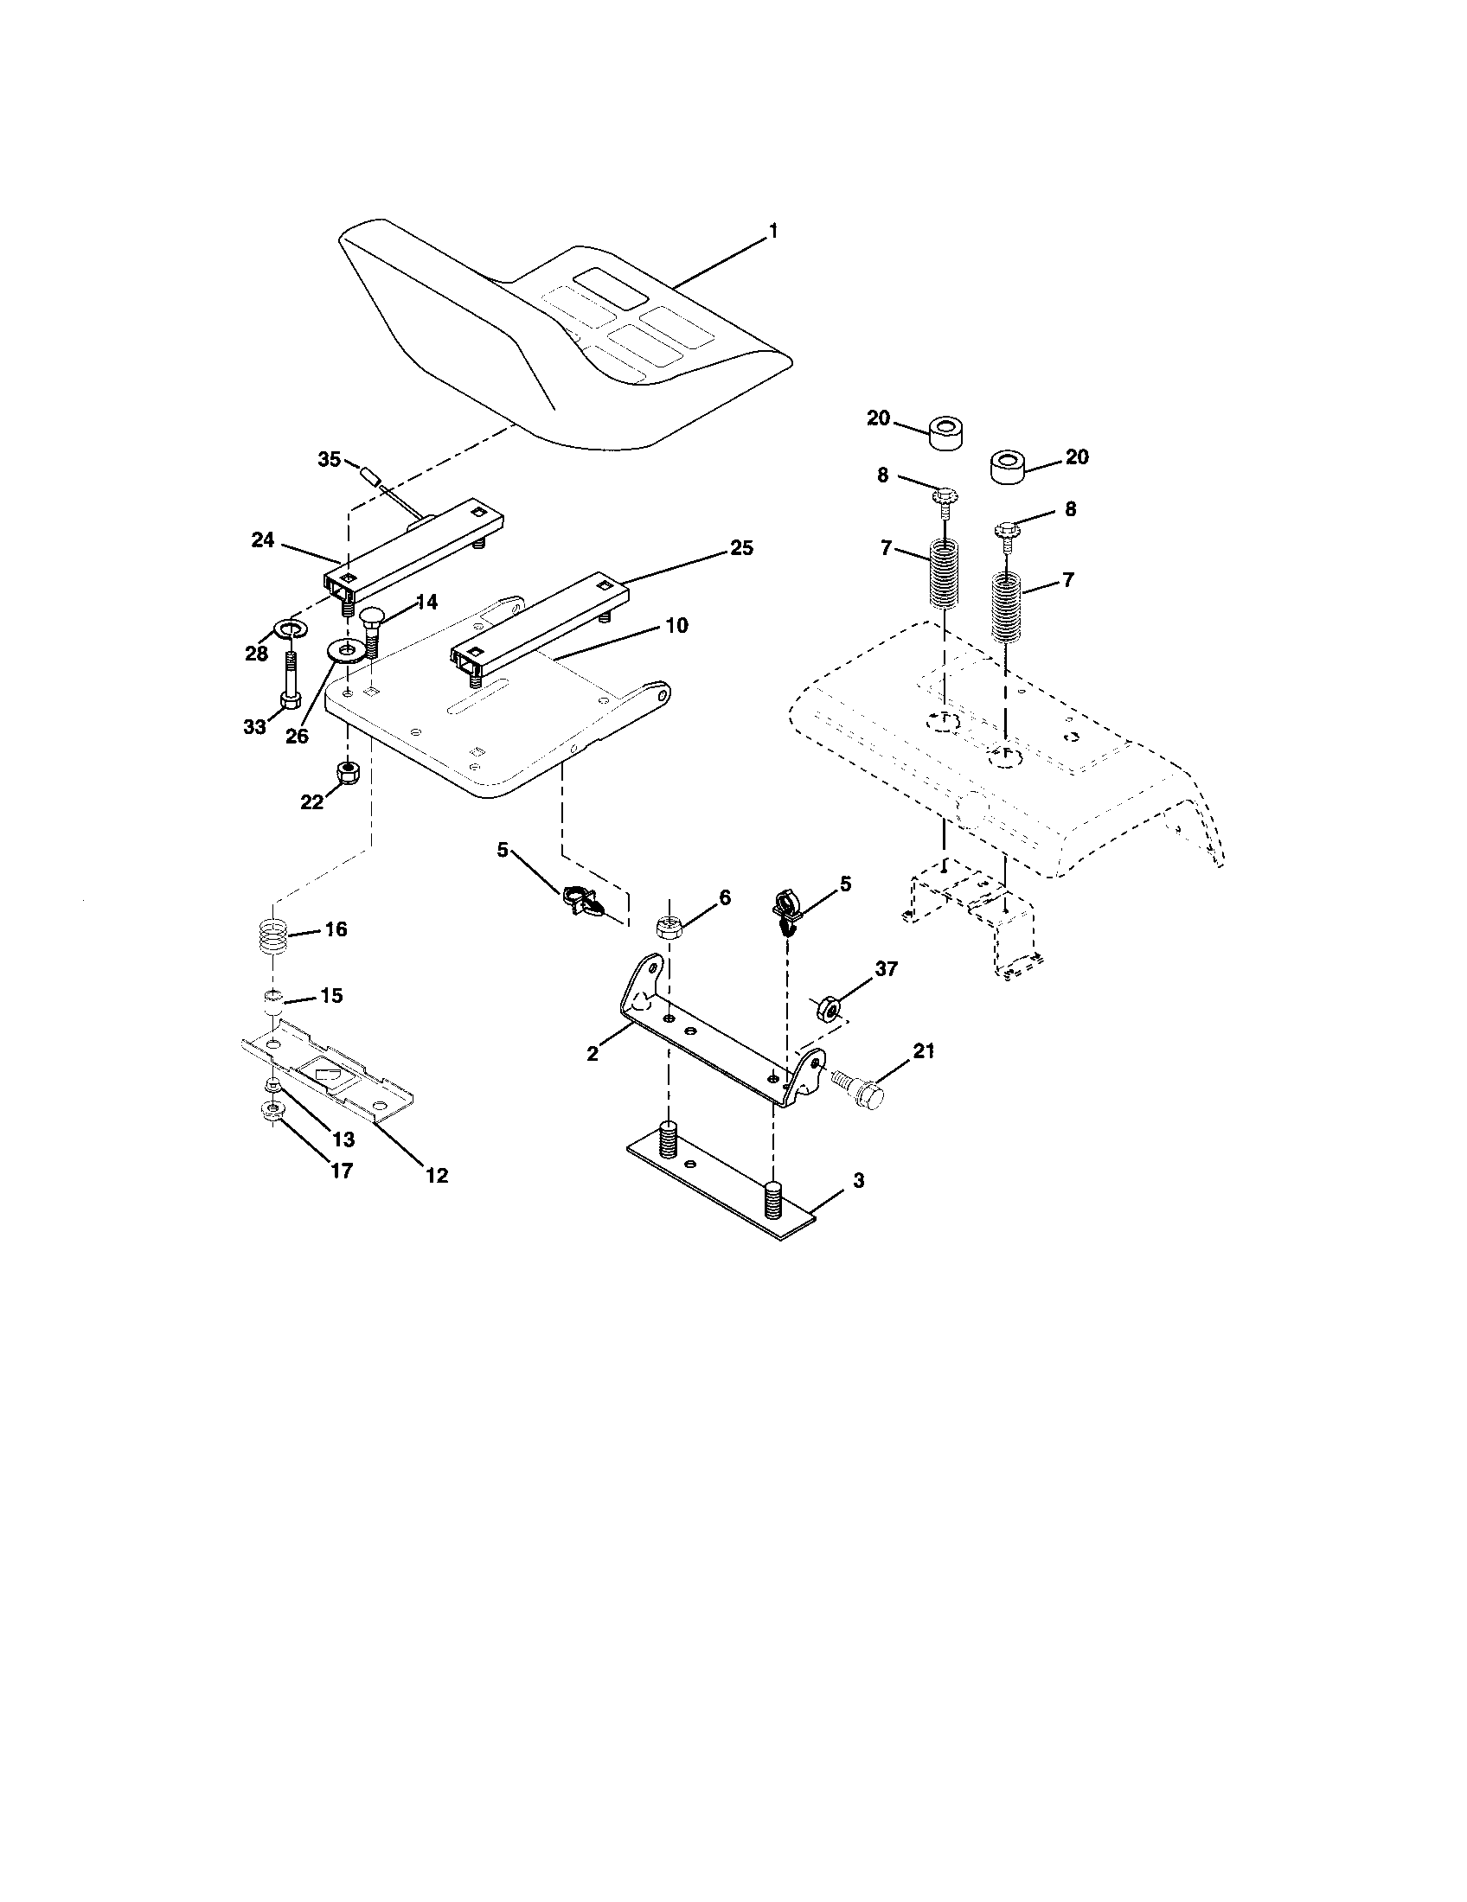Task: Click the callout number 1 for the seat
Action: coord(772,232)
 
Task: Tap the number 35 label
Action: coord(330,460)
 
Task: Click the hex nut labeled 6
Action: coord(669,927)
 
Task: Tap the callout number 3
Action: coord(858,1181)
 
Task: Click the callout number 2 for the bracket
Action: coord(593,1054)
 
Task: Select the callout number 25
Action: coord(741,549)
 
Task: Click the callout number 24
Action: coord(263,540)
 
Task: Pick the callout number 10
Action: coord(676,625)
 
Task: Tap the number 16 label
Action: coord(336,929)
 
